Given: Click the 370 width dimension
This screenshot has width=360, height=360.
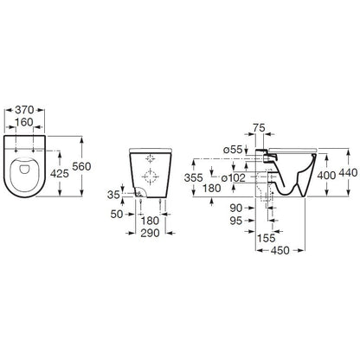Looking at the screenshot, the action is tap(24, 110).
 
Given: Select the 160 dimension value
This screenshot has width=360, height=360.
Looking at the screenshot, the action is tap(24, 122).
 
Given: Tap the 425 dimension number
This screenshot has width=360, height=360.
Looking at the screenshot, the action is tap(60, 173).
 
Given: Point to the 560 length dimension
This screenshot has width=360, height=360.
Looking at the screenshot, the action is tap(81, 166).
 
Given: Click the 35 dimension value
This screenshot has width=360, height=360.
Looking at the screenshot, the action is tap(113, 195).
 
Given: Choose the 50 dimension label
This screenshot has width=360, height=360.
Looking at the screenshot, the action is tap(117, 214).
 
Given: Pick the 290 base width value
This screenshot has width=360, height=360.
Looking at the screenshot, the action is tap(150, 233).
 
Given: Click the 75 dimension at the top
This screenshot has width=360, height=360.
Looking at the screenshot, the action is tap(259, 127).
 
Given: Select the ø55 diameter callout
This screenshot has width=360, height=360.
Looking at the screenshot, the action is tap(233, 150).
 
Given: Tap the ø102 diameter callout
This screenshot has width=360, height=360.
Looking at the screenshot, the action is tap(234, 177).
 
